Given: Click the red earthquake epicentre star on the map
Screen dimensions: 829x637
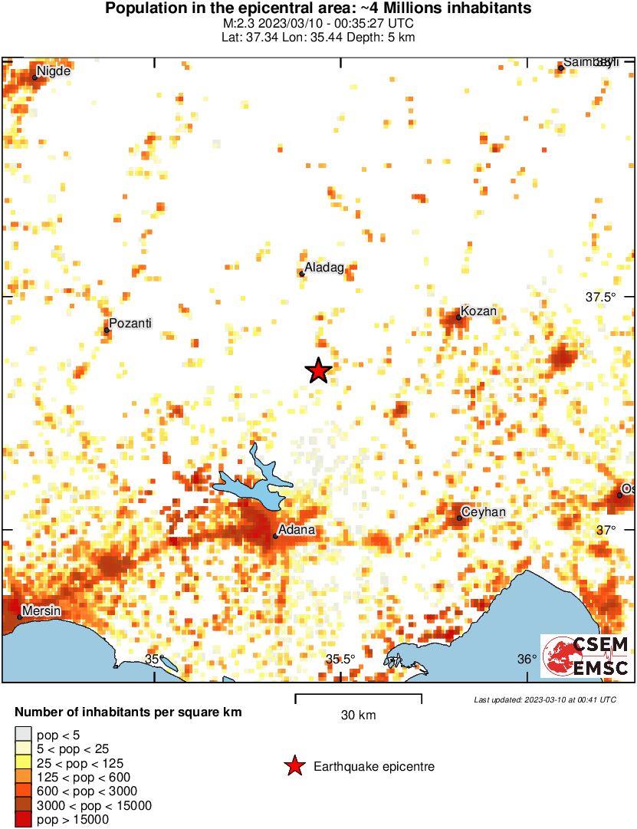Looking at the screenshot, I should point(318,371).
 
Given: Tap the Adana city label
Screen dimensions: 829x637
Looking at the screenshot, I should point(297,530).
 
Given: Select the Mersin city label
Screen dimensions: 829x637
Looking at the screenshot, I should point(41,610).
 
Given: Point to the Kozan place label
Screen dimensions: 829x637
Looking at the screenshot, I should point(480,311).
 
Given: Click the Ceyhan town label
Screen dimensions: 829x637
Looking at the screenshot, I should point(484,512).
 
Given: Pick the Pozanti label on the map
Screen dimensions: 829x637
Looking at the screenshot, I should point(130,324).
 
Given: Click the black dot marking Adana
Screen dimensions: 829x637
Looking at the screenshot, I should point(275,536).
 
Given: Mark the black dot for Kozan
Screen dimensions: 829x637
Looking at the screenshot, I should point(458,317).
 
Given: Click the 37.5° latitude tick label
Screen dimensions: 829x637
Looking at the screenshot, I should point(601,297).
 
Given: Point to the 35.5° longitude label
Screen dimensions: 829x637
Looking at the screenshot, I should point(340,660).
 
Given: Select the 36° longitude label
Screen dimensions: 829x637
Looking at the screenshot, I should point(527,660).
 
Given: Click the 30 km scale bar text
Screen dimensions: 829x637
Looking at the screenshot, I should point(358,716).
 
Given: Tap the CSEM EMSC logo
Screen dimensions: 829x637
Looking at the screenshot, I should point(586,656).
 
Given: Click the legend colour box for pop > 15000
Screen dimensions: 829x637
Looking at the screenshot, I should point(24,819).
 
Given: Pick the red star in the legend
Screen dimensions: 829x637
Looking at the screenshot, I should point(294,766).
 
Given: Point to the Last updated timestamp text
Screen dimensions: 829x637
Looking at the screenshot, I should point(545,699).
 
